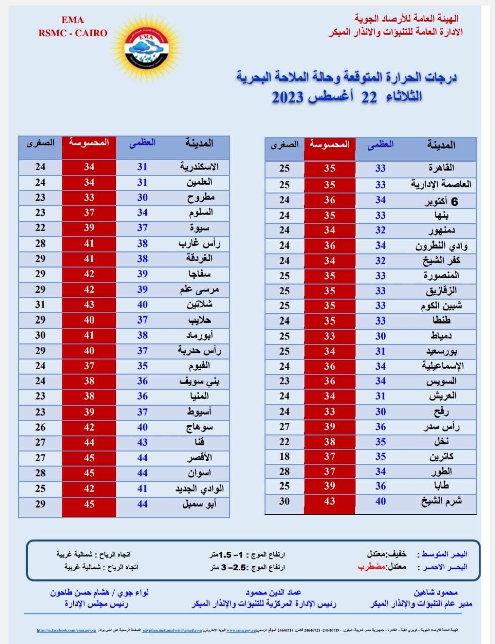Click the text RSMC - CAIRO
tap(73, 33)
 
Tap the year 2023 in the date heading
tap(289, 97)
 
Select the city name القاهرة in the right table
tap(441, 168)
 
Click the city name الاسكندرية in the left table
tap(199, 167)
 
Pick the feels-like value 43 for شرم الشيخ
tap(329, 501)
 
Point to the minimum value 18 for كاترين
tap(285, 456)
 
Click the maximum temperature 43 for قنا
tap(142, 442)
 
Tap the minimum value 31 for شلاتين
tap(40, 304)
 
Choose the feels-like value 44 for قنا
tap(89, 442)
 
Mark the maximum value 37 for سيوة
tap(142, 228)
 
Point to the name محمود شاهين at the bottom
tap(436, 593)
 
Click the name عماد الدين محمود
tap(274, 593)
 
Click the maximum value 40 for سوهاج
tap(142, 427)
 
